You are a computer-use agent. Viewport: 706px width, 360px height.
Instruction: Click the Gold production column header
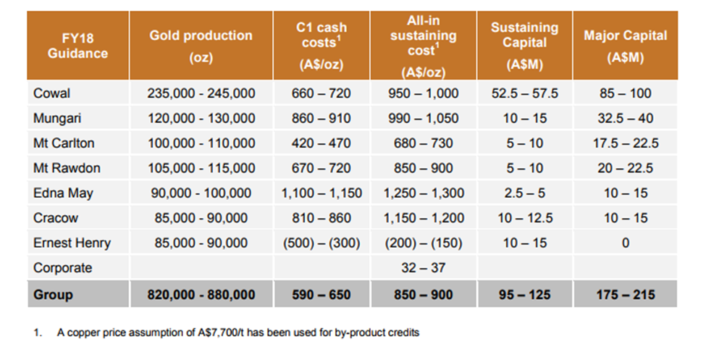point(201,46)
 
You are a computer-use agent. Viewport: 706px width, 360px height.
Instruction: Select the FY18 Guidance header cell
point(78,46)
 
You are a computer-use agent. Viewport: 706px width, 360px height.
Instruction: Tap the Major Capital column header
point(626,46)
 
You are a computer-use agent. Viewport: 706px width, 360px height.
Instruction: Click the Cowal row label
point(52,93)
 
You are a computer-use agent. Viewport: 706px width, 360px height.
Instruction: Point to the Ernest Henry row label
point(72,243)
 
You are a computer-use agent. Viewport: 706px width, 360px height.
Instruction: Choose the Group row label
point(53,295)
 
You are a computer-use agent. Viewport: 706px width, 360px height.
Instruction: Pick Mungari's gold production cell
point(201,119)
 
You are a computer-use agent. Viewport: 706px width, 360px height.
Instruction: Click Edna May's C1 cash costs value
point(322,193)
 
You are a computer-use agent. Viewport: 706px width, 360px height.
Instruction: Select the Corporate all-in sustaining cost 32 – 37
point(424,267)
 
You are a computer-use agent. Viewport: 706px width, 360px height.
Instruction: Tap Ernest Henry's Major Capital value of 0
point(626,243)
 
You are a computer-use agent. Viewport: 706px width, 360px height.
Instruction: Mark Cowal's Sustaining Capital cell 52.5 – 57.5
point(524,93)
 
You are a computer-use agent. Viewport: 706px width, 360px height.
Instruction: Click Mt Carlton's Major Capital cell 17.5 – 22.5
point(626,143)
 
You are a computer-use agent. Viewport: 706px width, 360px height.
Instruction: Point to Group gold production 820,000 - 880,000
point(201,295)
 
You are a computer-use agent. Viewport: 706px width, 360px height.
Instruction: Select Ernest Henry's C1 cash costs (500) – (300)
point(322,243)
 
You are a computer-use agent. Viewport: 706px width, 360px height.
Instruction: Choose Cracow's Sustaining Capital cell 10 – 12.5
point(525,218)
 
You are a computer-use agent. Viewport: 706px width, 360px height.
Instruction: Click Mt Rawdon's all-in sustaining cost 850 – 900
point(424,168)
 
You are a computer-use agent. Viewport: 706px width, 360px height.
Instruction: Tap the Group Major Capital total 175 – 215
point(626,295)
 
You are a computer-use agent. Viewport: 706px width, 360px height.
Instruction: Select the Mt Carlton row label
point(64,143)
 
